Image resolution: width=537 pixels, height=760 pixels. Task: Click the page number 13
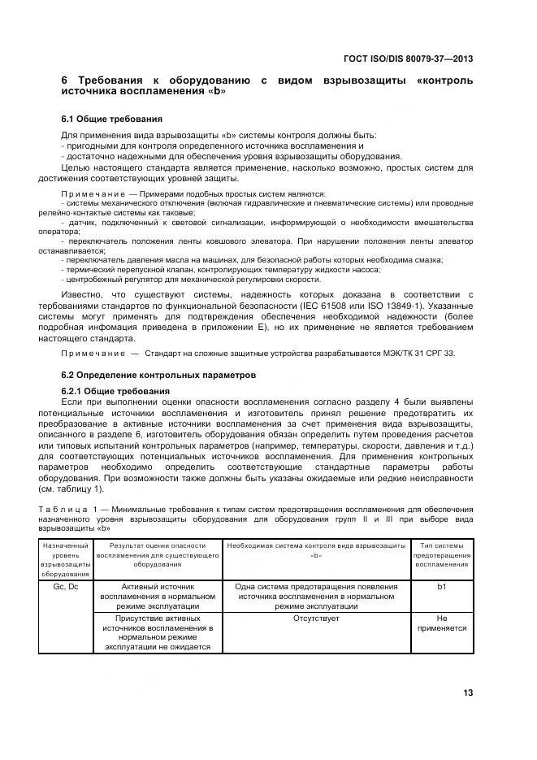click(468, 693)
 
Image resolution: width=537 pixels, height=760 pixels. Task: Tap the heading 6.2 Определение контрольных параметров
click(148, 376)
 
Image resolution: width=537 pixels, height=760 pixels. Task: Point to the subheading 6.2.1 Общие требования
click(110, 391)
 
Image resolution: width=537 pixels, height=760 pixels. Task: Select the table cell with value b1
click(441, 586)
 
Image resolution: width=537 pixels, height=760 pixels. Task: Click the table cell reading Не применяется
click(441, 623)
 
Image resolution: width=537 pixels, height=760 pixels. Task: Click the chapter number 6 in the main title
click(65, 81)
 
